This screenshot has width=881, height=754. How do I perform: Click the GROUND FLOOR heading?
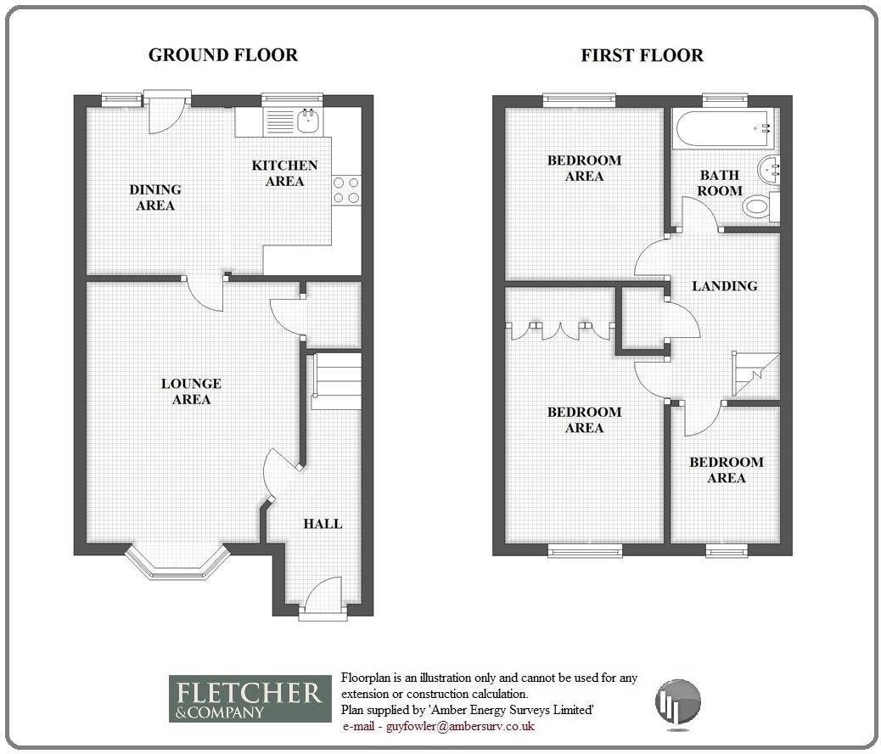point(222,55)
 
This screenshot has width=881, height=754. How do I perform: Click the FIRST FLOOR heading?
point(642,56)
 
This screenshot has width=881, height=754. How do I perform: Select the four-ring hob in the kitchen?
point(346,189)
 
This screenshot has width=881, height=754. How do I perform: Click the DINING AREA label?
point(155,198)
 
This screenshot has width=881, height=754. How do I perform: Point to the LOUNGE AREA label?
point(191,391)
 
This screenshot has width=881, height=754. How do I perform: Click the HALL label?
point(323,524)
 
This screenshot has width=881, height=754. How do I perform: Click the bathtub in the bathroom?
point(721,128)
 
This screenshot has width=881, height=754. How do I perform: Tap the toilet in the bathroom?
point(755,206)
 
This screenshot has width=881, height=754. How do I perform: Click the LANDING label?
point(724,286)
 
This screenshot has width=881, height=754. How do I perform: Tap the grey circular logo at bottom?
point(678,701)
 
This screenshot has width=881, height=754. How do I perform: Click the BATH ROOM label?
point(720,183)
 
